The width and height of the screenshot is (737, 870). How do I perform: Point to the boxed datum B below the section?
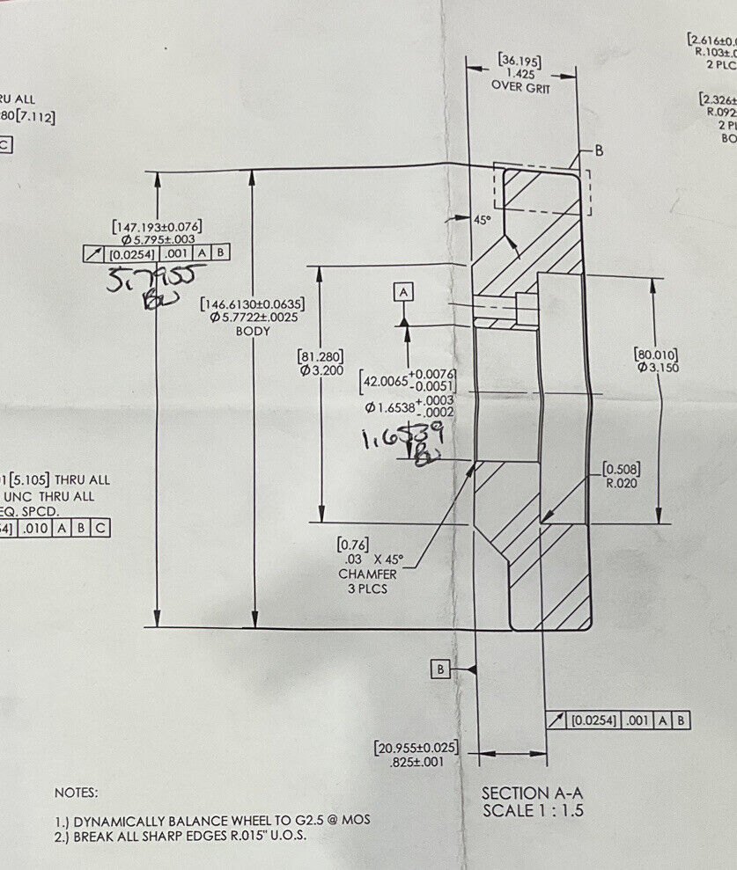[x=441, y=669]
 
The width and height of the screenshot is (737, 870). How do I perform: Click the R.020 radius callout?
[x=621, y=483]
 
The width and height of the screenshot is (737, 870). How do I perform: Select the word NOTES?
[x=77, y=793]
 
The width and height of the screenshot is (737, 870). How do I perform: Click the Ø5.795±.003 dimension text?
[x=158, y=238]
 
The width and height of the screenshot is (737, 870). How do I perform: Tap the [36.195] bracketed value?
[x=520, y=61]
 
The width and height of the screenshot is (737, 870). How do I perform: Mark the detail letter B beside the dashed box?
[x=599, y=150]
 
